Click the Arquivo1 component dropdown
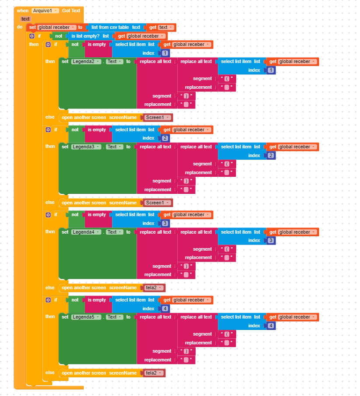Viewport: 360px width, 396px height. [x=45, y=11]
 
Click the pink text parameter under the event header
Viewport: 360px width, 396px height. [x=25, y=19]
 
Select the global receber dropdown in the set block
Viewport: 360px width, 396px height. [x=56, y=27]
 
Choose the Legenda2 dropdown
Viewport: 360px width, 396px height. [x=86, y=62]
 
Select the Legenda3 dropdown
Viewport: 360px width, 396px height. [x=86, y=147]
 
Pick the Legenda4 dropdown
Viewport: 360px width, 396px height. [x=86, y=232]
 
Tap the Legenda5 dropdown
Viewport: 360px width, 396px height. [x=86, y=317]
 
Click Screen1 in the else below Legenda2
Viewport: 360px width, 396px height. [x=157, y=118]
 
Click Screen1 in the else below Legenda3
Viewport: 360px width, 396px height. [x=157, y=203]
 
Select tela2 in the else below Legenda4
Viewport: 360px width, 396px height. [x=154, y=288]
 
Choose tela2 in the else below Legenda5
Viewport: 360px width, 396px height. [x=154, y=373]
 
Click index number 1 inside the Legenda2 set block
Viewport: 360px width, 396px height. [x=271, y=70]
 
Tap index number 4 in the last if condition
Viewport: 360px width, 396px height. [x=164, y=309]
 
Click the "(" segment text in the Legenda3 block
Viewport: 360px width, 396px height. [x=227, y=164]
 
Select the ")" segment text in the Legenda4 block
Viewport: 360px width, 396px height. [x=186, y=266]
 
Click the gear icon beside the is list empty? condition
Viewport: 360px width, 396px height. [x=32, y=36]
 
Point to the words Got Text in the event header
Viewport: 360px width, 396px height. [x=71, y=11]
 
